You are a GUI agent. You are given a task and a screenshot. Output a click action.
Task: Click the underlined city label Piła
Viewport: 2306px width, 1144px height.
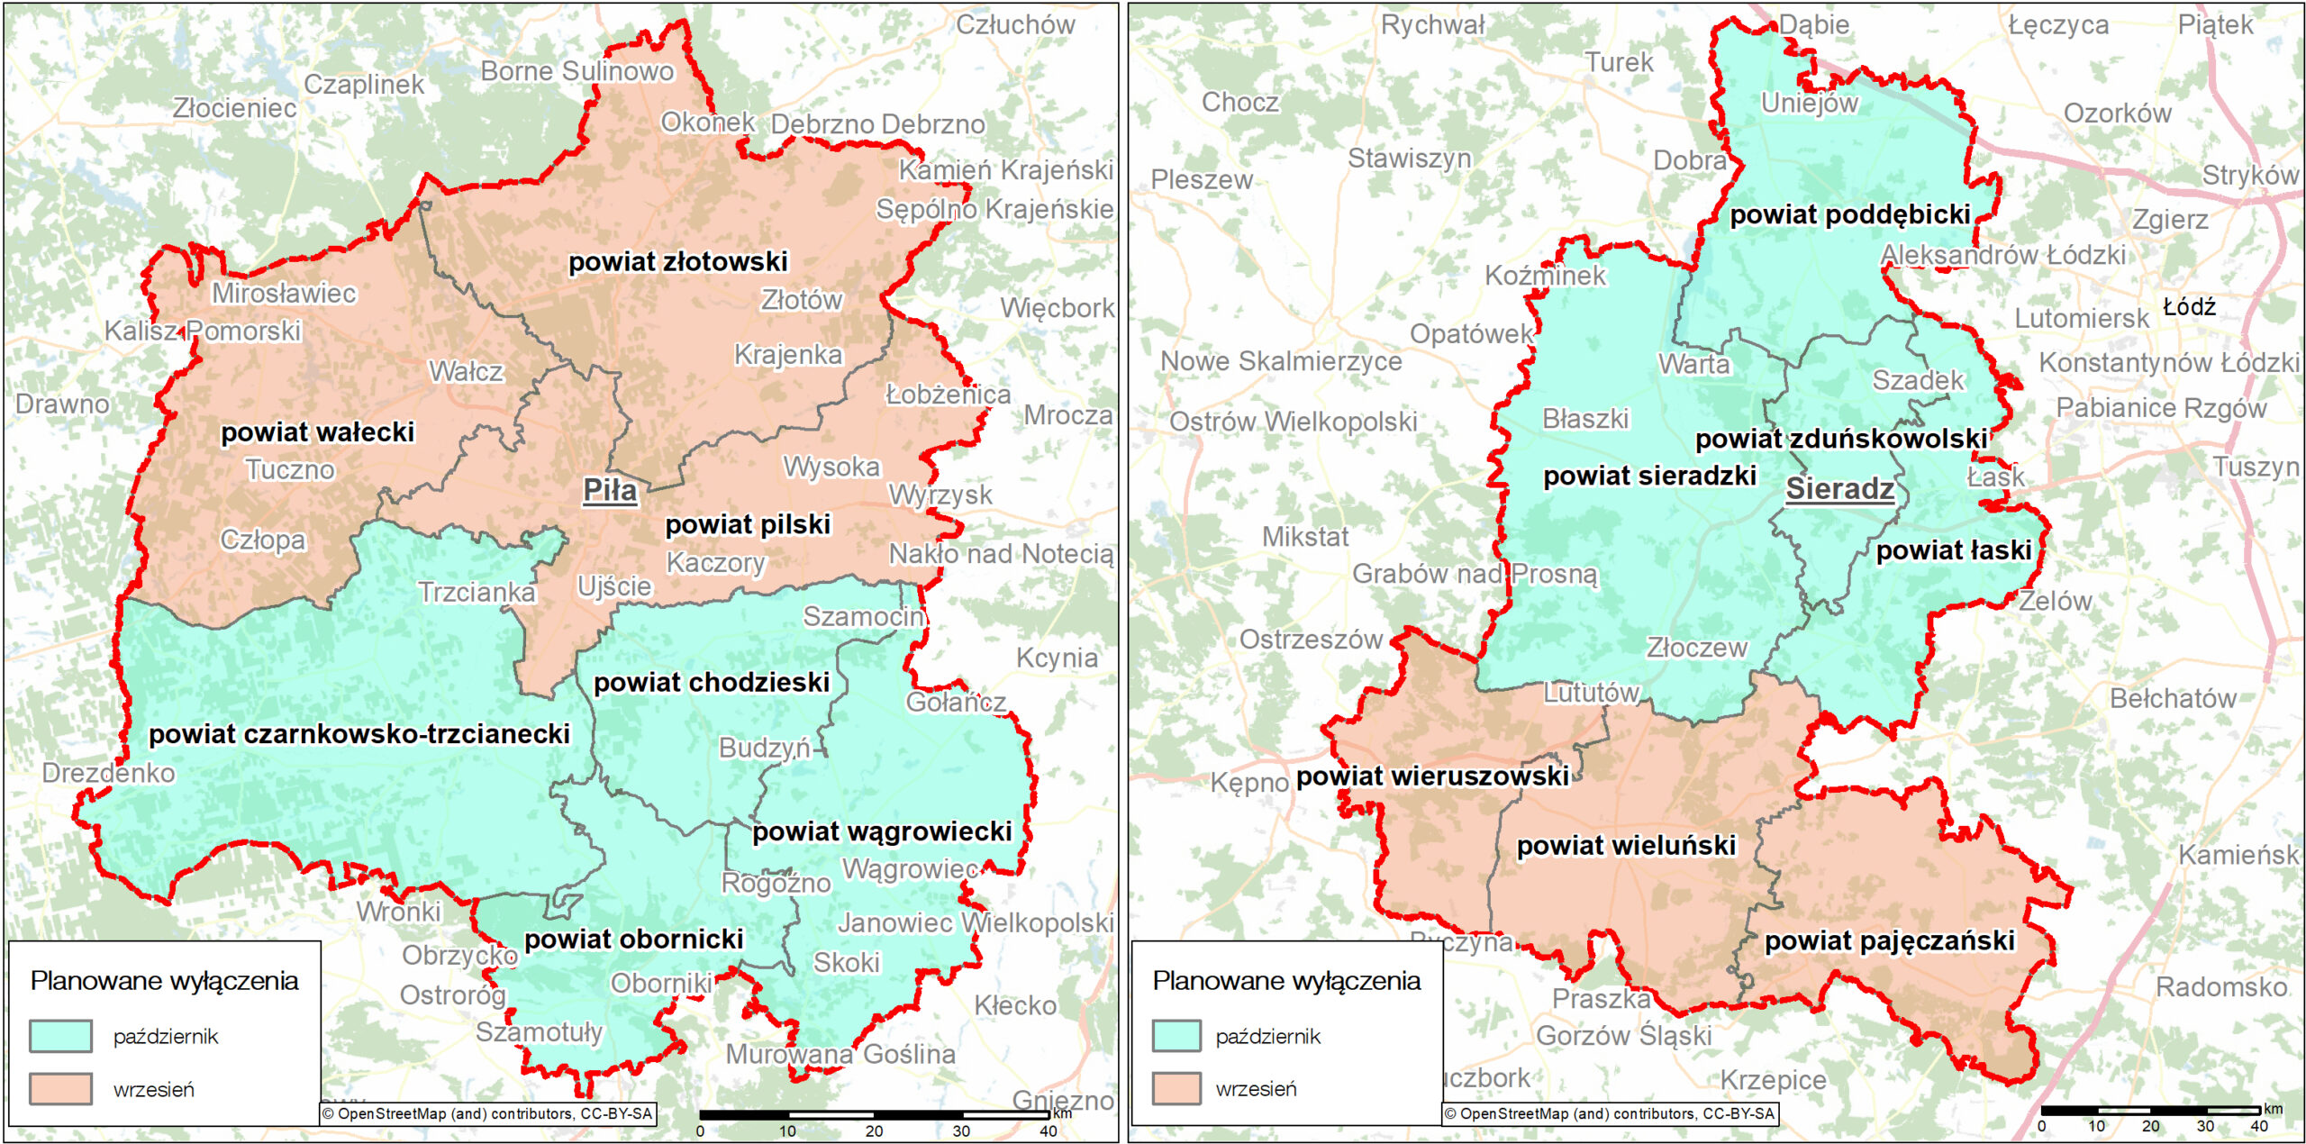pyautogui.click(x=610, y=491)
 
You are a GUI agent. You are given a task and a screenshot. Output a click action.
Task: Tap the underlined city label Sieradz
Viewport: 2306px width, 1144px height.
pyautogui.click(x=1839, y=489)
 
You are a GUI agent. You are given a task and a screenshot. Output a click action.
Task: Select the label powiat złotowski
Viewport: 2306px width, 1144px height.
pyautogui.click(x=677, y=262)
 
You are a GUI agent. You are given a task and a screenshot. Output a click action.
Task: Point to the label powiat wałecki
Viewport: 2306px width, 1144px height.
pyautogui.click(x=317, y=432)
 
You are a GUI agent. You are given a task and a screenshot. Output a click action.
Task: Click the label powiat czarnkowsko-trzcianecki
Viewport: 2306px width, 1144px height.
pyautogui.click(x=359, y=734)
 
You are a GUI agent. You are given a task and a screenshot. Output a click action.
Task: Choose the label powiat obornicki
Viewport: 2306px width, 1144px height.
pyautogui.click(x=633, y=940)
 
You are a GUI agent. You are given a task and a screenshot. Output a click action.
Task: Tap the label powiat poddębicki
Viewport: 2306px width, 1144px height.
pyautogui.click(x=1849, y=214)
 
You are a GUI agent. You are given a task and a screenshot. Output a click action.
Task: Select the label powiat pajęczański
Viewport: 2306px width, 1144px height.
pyautogui.click(x=1889, y=941)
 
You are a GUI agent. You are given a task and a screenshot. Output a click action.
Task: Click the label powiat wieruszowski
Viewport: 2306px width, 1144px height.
pyautogui.click(x=1432, y=776)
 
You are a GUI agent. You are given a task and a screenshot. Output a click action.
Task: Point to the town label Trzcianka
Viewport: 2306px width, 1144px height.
pyautogui.click(x=477, y=593)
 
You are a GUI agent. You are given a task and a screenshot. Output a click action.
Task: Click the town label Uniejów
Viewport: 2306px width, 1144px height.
pyautogui.click(x=1809, y=104)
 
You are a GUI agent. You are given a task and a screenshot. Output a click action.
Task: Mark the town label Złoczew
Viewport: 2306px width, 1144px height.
pyautogui.click(x=1696, y=648)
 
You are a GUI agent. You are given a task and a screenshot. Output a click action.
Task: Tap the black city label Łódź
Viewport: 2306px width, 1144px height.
pyautogui.click(x=2189, y=307)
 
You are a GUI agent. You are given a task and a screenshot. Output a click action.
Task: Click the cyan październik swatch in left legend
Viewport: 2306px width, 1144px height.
pyautogui.click(x=60, y=1036)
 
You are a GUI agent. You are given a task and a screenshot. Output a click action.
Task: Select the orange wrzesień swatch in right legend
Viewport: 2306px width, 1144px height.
pyautogui.click(x=1176, y=1088)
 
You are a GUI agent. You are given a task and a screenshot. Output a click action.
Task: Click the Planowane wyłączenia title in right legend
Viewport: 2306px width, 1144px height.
pyautogui.click(x=1286, y=981)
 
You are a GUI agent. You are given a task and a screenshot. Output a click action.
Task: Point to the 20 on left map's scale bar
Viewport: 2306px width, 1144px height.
pyautogui.click(x=874, y=1131)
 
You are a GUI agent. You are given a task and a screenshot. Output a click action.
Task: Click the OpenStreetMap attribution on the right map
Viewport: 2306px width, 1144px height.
pyautogui.click(x=1610, y=1114)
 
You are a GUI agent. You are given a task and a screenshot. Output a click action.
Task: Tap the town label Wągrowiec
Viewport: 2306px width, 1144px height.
pyautogui.click(x=910, y=869)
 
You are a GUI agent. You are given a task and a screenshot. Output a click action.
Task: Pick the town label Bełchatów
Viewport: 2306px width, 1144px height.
pyautogui.click(x=2173, y=698)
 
